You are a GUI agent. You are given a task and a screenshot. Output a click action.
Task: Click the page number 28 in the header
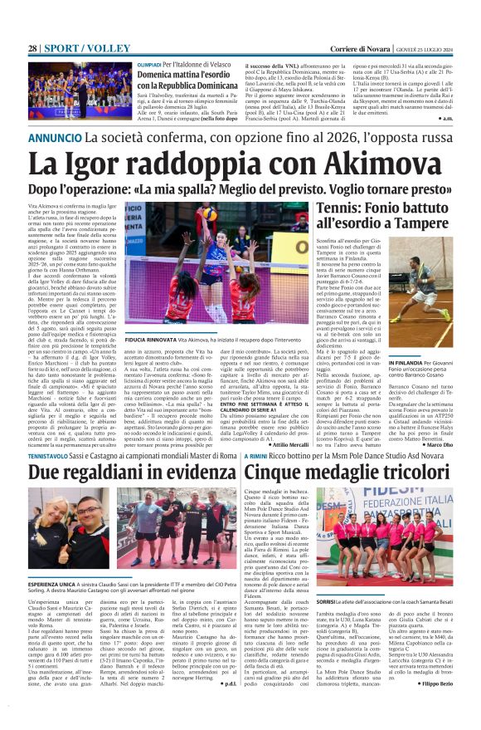[32, 49]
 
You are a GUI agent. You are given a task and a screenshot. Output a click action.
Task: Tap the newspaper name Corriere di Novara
[372, 49]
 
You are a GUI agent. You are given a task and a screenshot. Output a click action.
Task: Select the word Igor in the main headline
[113, 164]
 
